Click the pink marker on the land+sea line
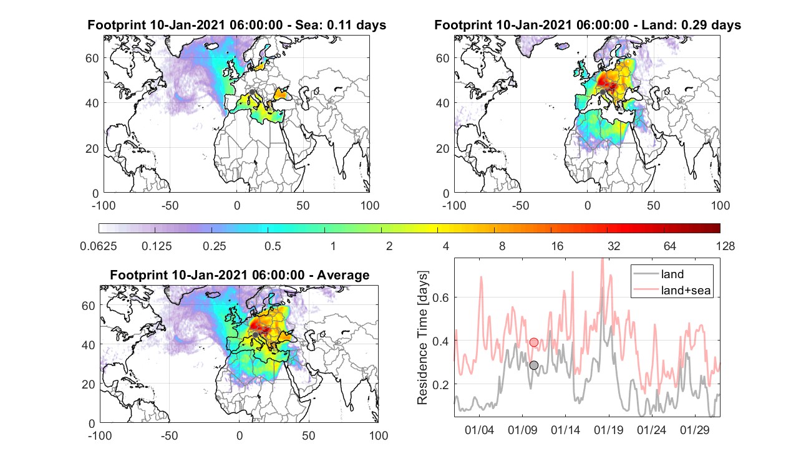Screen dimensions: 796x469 (x=534, y=342)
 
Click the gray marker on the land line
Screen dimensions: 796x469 (x=534, y=365)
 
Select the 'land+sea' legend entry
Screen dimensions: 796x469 (x=672, y=290)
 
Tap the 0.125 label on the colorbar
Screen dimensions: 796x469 (x=157, y=246)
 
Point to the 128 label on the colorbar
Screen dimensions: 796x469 (x=726, y=246)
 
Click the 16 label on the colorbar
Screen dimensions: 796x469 (x=557, y=246)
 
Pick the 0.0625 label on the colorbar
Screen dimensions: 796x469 (x=99, y=246)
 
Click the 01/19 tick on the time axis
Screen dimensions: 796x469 (x=609, y=430)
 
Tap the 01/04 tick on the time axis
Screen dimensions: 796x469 (x=479, y=430)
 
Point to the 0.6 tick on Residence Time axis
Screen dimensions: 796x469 (x=440, y=297)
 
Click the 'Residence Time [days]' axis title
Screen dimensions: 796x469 (x=422, y=338)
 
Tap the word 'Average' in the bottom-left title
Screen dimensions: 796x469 (x=343, y=275)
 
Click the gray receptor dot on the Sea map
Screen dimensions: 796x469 (x=252, y=92)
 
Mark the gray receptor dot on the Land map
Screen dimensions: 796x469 (x=603, y=92)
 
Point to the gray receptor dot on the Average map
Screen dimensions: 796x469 (x=255, y=335)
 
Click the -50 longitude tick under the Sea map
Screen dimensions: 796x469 (x=170, y=206)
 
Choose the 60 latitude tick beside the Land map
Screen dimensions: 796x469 (x=442, y=58)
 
